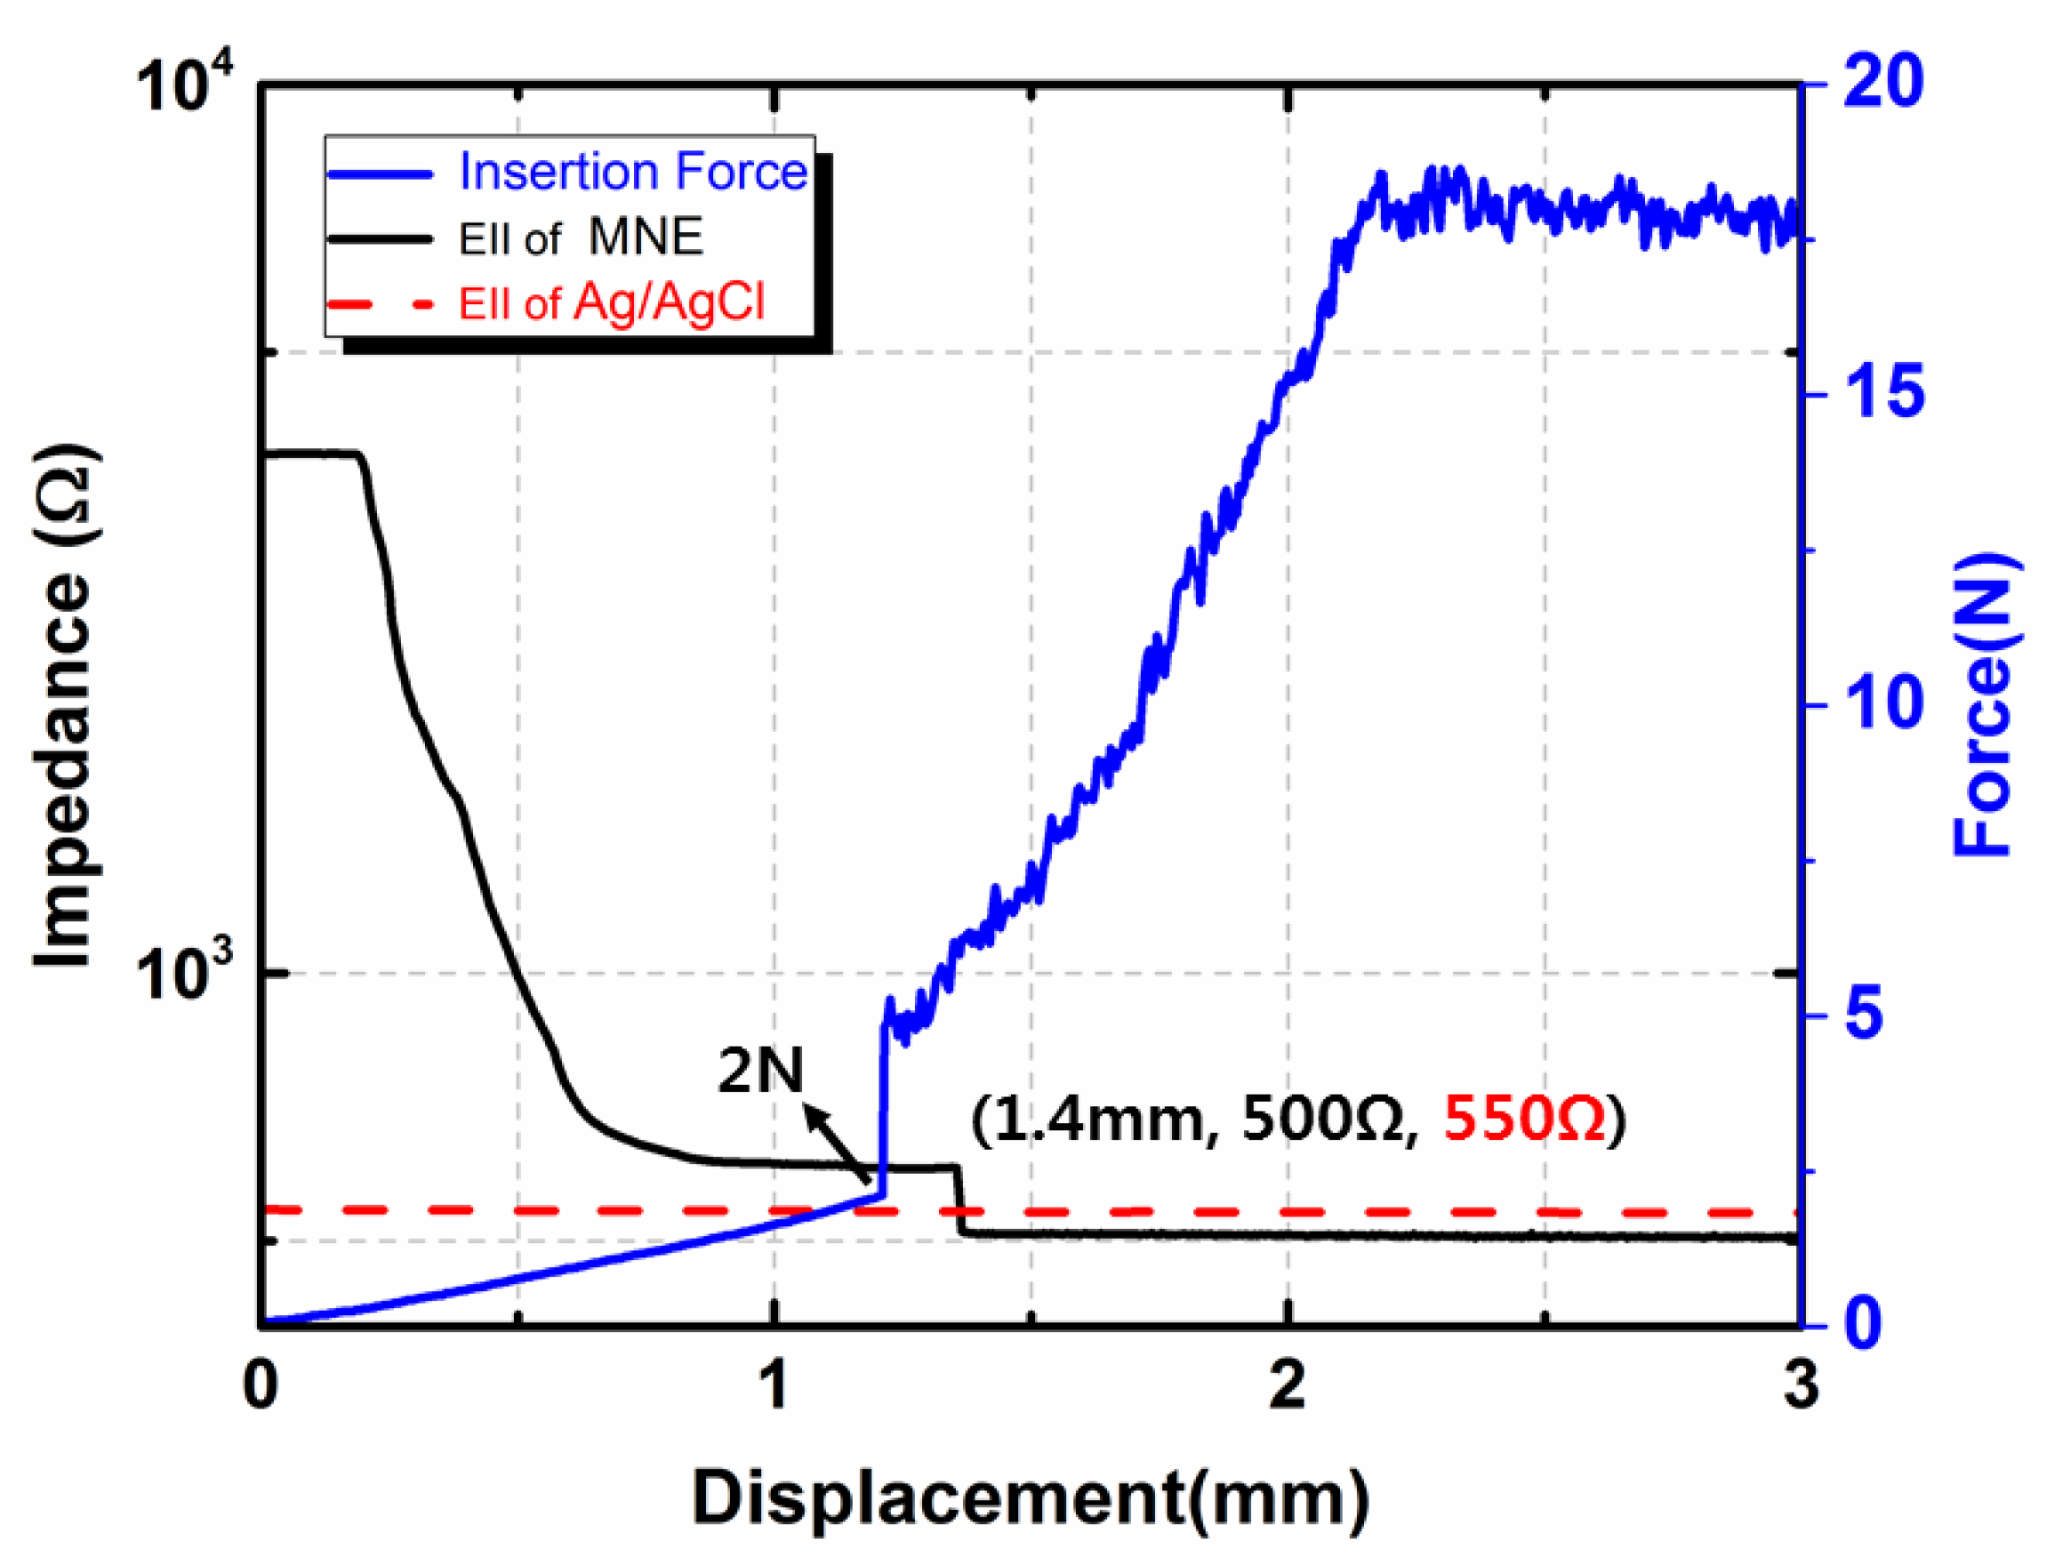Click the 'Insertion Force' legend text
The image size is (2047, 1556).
click(x=632, y=172)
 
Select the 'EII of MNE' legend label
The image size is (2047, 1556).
click(x=581, y=238)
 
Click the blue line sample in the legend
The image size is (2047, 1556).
click(x=380, y=174)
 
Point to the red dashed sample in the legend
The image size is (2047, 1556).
click(x=380, y=304)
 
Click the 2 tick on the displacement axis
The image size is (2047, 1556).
click(x=1288, y=1386)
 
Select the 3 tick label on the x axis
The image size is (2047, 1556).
click(x=1800, y=1386)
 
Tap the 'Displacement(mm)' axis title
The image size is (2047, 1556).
click(x=1030, y=1497)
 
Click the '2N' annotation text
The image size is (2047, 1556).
click(x=760, y=1071)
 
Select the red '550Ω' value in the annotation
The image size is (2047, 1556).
click(x=1523, y=1119)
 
